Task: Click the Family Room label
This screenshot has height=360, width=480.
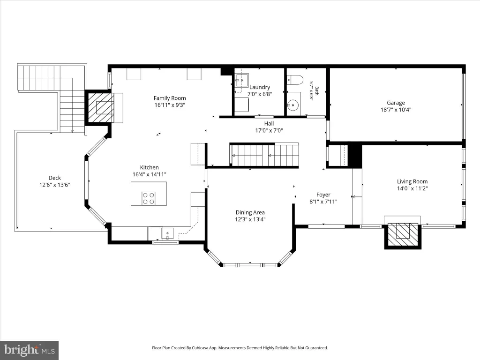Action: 170,98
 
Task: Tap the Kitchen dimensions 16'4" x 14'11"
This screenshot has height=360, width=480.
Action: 150,174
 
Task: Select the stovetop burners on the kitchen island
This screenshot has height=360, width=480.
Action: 149,198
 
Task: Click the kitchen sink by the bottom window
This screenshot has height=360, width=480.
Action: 167,233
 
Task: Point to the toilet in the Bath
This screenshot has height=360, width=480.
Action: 295,80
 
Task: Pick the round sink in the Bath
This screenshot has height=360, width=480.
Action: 292,105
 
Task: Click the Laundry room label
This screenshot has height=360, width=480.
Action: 260,87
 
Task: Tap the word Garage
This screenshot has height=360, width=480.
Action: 396,103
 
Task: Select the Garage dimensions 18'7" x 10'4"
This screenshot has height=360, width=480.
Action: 396,110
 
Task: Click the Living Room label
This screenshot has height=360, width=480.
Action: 412,181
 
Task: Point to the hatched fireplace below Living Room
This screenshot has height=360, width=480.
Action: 403,235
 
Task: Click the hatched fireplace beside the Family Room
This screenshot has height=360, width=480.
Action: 99,107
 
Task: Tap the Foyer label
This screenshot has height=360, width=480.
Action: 323,195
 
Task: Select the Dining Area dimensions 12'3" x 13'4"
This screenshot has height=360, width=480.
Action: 250,219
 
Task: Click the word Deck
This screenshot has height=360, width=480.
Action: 55,178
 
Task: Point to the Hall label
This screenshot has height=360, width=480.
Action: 269,123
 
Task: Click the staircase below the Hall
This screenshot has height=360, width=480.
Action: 264,155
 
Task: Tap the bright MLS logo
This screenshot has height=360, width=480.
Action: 30,350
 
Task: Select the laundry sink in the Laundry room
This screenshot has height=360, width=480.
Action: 241,81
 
